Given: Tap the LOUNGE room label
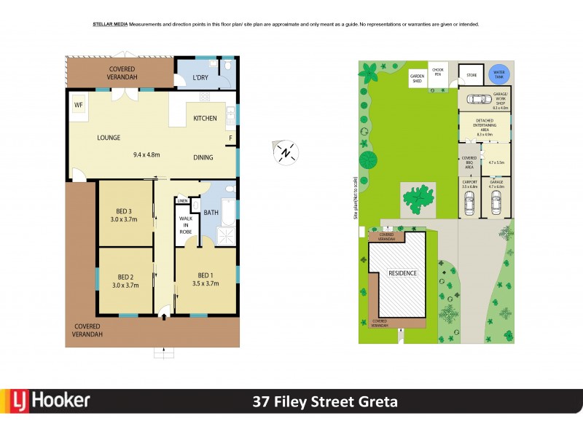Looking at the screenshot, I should [109, 138].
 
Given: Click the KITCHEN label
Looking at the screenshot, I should [205, 118].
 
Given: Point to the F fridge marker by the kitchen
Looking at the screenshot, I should [231, 138].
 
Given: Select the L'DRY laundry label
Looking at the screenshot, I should [201, 78].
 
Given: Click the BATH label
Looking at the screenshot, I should [211, 213].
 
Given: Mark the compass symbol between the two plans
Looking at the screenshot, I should [286, 151].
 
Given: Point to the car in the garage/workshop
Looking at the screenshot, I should [477, 101].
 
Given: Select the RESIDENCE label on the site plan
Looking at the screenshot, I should [402, 273].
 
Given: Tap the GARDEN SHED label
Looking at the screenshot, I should [417, 79].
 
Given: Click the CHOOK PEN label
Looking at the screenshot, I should [438, 71].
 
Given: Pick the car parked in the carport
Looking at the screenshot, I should [469, 205].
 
